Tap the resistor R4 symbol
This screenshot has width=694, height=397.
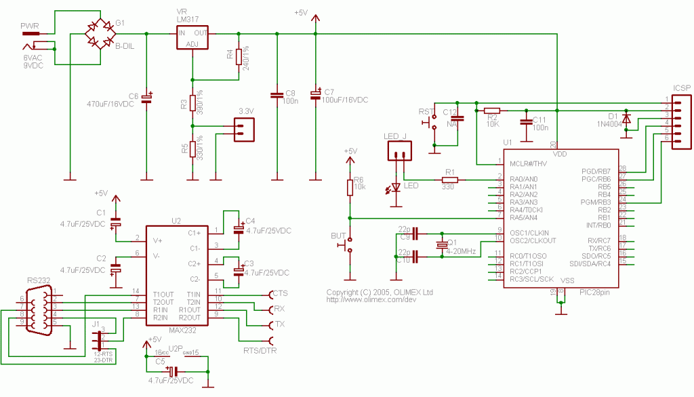[239, 56]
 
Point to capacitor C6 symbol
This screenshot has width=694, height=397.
[146, 98]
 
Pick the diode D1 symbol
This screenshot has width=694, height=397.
[627, 119]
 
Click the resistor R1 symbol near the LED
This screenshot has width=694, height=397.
[449, 180]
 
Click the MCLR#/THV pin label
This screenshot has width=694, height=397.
[528, 163]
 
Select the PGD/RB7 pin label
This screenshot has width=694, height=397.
[596, 171]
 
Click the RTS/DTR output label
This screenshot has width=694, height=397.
[260, 351]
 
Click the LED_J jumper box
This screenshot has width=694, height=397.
[399, 152]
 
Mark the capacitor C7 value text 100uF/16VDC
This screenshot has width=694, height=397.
[345, 100]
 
